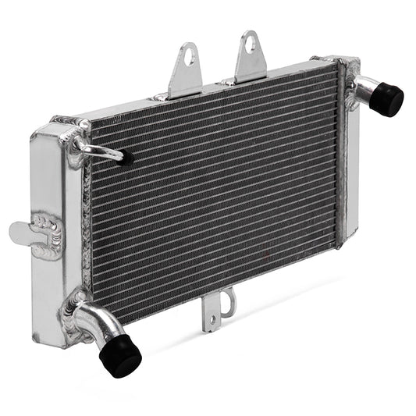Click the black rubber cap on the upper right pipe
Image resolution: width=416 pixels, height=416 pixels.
tap(386, 99)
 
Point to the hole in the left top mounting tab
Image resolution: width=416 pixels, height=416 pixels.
tap(187, 55)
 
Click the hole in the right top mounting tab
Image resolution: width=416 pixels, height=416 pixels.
tap(250, 44)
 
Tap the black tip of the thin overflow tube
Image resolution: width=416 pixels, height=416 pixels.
tap(126, 158)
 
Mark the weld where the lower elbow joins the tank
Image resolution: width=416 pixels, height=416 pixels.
tap(76, 300)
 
